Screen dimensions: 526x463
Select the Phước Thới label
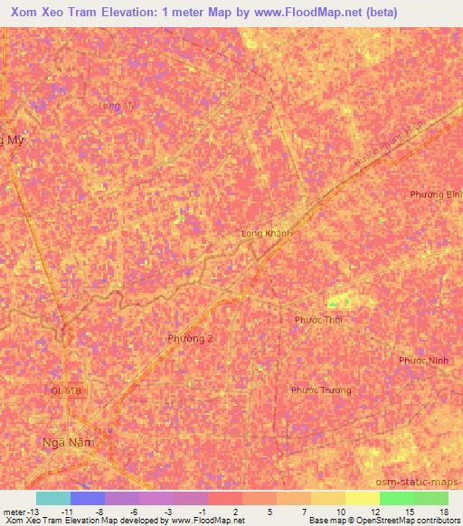pyautogui.click(x=318, y=319)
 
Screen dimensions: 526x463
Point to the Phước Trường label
pyautogui.click(x=321, y=390)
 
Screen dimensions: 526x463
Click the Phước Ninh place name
pyautogui.click(x=424, y=360)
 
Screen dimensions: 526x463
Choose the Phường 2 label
pyautogui.click(x=191, y=339)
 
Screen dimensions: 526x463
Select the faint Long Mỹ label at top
pyautogui.click(x=117, y=106)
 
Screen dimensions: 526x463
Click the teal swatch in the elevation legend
pyautogui.click(x=53, y=498)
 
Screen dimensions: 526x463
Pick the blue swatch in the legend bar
pyautogui.click(x=88, y=498)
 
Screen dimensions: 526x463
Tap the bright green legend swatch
pyautogui.click(x=397, y=498)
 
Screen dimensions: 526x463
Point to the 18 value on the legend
pyautogui.click(x=444, y=512)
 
